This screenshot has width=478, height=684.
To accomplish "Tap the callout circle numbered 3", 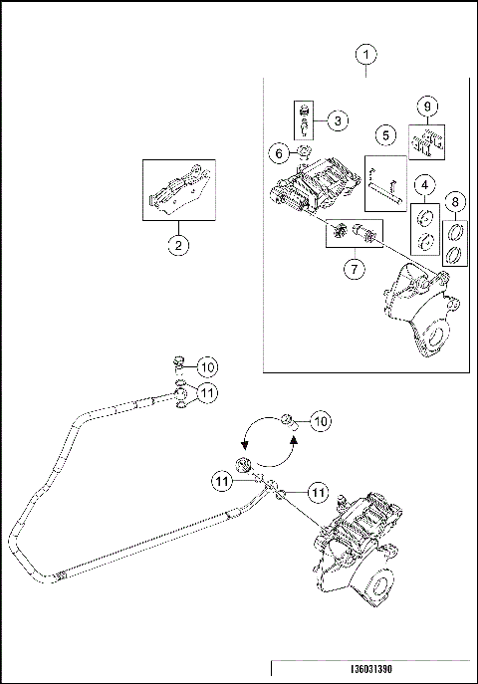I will click(338, 120).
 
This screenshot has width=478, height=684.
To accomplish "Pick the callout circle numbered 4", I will click(424, 184).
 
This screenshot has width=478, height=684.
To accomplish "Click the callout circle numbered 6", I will click(279, 153).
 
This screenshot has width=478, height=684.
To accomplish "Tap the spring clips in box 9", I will click(426, 142).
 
